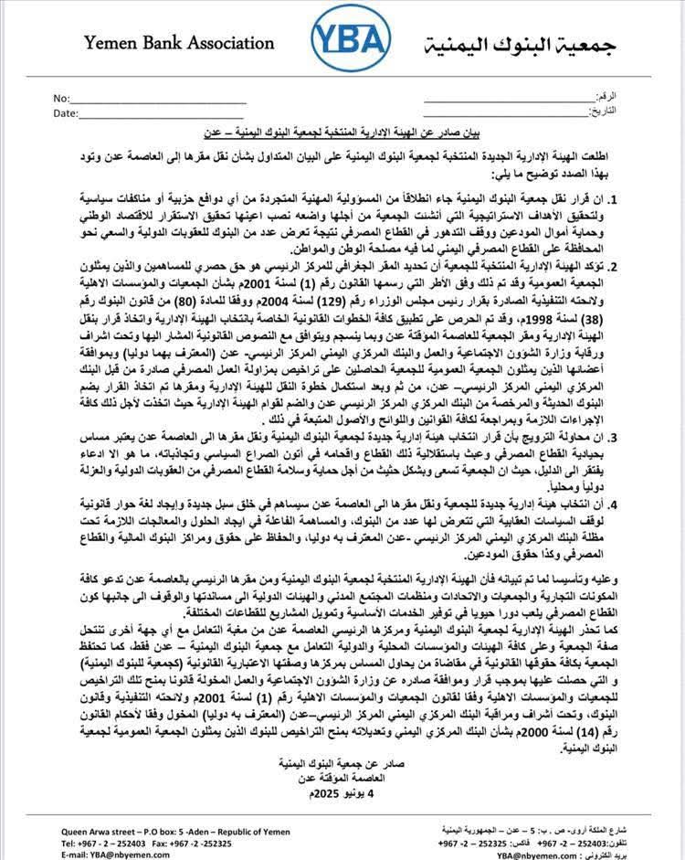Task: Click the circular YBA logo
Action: (x=350, y=42)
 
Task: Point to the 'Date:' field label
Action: (x=66, y=113)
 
